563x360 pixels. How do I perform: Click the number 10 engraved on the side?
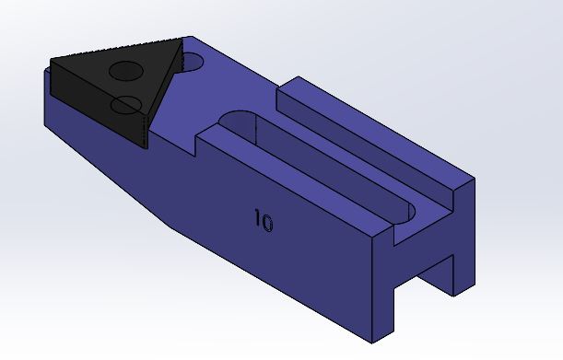tap(264, 221)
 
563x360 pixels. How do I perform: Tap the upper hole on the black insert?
tap(125, 71)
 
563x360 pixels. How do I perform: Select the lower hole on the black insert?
tap(126, 105)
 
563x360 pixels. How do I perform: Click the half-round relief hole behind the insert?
tap(193, 62)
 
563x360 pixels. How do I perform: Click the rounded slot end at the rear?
tap(405, 214)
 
